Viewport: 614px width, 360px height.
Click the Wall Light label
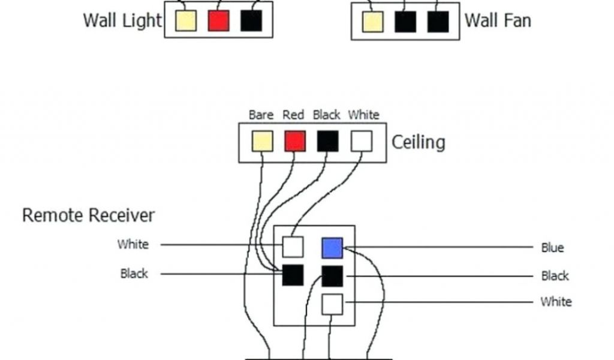pyautogui.click(x=122, y=20)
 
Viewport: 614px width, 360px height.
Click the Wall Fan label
pyautogui.click(x=498, y=20)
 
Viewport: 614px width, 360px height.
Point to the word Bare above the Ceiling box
pyautogui.click(x=261, y=115)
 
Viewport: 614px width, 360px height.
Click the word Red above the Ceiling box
pyautogui.click(x=293, y=115)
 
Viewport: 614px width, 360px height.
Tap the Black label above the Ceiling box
pyautogui.click(x=326, y=115)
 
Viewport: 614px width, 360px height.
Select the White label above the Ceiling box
pyautogui.click(x=363, y=115)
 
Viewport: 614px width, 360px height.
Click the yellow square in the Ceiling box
pyautogui.click(x=262, y=142)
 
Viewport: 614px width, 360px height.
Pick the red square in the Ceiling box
pyautogui.click(x=295, y=142)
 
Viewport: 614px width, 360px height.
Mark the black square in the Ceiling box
pyautogui.click(x=328, y=142)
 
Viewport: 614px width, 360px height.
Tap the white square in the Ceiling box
pyautogui.click(x=362, y=142)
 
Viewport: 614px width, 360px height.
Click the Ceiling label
pyautogui.click(x=419, y=142)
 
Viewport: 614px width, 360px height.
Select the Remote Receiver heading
pyautogui.click(x=88, y=215)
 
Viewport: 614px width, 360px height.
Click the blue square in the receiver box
pyautogui.click(x=332, y=248)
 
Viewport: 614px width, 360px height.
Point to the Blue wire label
pyautogui.click(x=552, y=248)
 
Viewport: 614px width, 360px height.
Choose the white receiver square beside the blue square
pyautogui.click(x=293, y=247)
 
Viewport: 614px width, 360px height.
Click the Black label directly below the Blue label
pyautogui.click(x=555, y=276)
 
